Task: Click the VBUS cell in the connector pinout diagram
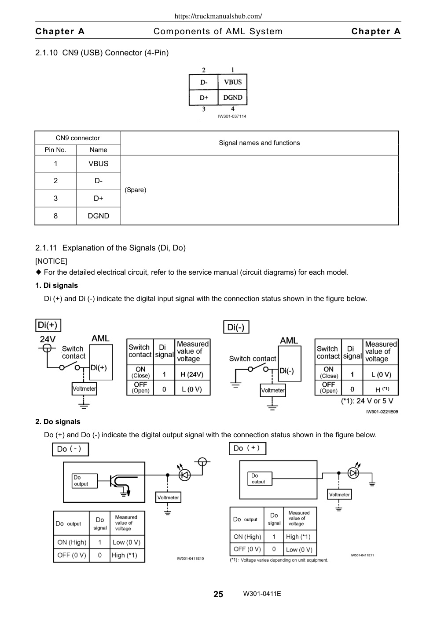[232, 82]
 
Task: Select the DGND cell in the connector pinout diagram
[232, 97]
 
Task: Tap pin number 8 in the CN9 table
[55, 216]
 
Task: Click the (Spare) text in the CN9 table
[135, 190]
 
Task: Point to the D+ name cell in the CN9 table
[98, 198]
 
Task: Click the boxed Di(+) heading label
[48, 325]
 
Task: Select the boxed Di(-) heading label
[236, 327]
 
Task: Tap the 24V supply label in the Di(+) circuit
[48, 339]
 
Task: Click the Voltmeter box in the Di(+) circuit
[84, 388]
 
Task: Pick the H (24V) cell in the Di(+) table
[192, 374]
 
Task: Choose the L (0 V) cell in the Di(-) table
[380, 374]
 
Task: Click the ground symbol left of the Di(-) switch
[235, 385]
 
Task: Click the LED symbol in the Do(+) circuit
[353, 473]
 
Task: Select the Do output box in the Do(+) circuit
[260, 479]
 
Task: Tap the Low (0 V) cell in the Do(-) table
[127, 542]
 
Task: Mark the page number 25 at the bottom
[218, 594]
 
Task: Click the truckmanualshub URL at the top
[218, 16]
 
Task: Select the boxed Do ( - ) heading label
[70, 449]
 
